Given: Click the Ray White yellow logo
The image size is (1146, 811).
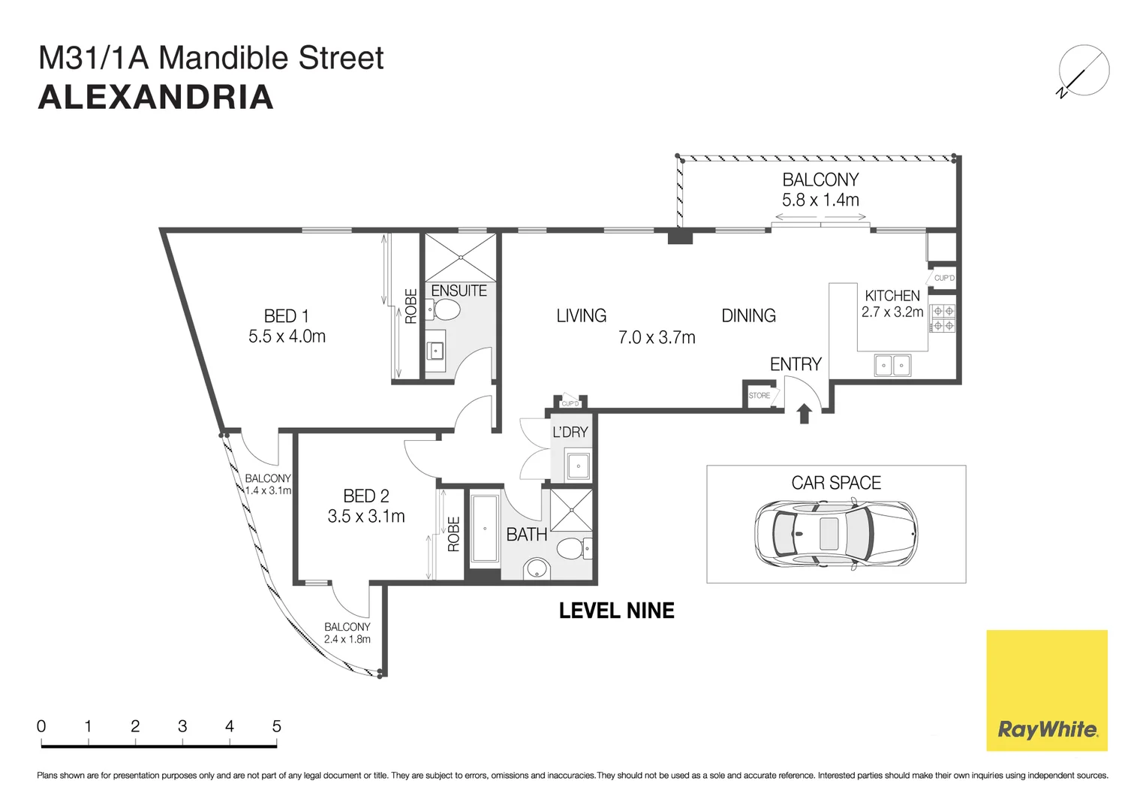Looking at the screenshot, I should [x=1046, y=689].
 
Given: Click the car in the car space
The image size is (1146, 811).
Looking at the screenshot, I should [x=835, y=532].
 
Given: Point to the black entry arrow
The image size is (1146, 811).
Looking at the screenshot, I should [x=805, y=413].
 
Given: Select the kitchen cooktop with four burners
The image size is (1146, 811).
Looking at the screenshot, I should [x=943, y=318].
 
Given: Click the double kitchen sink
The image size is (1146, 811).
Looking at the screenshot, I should [x=892, y=366].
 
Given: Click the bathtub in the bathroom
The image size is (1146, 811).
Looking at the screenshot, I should [x=485, y=529].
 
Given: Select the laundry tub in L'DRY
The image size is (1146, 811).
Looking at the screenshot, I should [x=578, y=466].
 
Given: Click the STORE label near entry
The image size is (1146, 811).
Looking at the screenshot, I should [x=759, y=396].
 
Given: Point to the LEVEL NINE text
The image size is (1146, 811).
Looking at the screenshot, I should [x=616, y=611].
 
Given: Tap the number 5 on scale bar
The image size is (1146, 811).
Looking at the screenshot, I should [x=276, y=726].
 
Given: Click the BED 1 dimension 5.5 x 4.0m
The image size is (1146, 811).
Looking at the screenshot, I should [x=287, y=336].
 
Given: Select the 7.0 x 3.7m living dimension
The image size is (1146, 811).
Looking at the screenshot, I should [x=657, y=338].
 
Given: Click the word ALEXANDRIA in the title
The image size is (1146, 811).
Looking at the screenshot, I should [x=155, y=98].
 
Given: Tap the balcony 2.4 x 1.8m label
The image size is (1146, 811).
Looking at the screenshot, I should [x=347, y=639].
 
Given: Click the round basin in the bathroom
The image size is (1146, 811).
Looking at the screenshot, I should [x=536, y=568].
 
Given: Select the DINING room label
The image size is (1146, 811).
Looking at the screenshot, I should [x=748, y=316].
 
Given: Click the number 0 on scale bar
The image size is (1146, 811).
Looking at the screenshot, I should [x=41, y=726].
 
